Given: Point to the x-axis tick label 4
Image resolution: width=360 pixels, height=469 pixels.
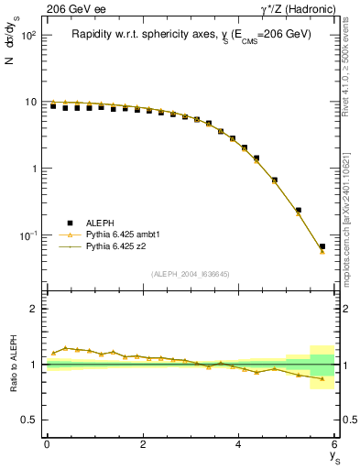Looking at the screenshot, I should point(238,443).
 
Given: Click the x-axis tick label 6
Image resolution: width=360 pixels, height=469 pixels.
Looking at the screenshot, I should point(334,443).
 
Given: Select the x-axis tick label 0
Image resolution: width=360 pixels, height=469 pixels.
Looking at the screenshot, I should point(47,443).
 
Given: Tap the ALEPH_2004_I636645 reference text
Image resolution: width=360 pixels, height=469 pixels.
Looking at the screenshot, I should point(191,274).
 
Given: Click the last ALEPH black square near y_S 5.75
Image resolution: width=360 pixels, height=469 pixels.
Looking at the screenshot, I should point(322,246).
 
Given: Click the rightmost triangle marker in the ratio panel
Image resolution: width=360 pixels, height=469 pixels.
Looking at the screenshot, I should point(322,378).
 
